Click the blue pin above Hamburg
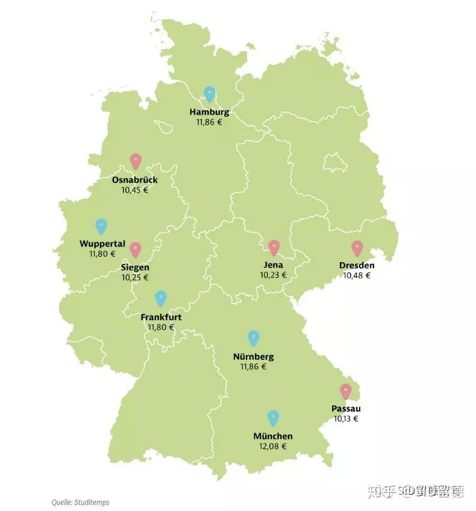click(x=209, y=94)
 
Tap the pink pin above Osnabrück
click(x=135, y=161)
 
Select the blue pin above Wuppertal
click(x=101, y=226)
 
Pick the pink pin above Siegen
click(x=135, y=249)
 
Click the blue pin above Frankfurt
click(x=161, y=298)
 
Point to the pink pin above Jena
click(x=274, y=247)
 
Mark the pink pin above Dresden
click(x=357, y=248)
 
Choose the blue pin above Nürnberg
click(x=254, y=338)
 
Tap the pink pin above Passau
click(x=346, y=391)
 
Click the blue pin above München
click(x=273, y=417)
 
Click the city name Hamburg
click(x=209, y=112)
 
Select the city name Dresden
click(x=357, y=266)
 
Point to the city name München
click(x=273, y=436)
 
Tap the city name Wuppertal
click(x=103, y=244)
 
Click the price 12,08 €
click(x=273, y=446)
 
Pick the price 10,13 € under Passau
click(x=346, y=419)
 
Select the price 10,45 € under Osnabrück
click(x=135, y=190)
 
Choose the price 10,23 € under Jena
click(x=273, y=275)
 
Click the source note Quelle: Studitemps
click(x=80, y=502)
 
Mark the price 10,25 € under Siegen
click(x=135, y=277)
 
